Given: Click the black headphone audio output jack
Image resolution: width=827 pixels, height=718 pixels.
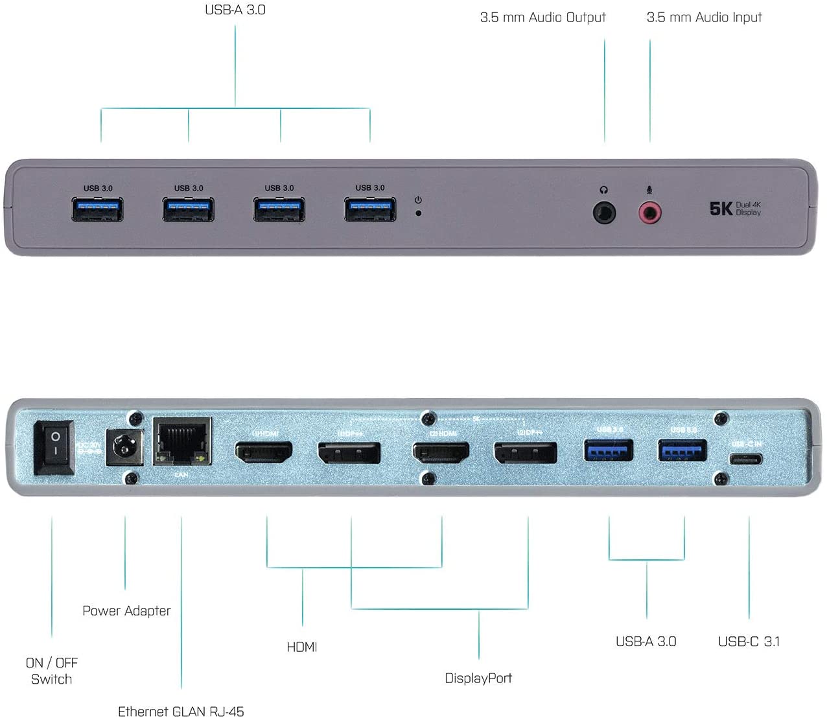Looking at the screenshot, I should [x=604, y=213].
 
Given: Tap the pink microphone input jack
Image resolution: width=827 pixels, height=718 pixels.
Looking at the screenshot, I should [x=649, y=213].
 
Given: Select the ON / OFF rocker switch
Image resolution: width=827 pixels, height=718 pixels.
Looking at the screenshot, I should [x=54, y=448].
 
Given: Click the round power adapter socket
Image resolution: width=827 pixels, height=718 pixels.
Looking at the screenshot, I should [x=123, y=446].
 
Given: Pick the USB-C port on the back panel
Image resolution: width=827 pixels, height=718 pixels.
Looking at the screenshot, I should [x=746, y=459].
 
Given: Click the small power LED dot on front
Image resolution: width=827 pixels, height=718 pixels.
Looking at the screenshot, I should [x=418, y=213].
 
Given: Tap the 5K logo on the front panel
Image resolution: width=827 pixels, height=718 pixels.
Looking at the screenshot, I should [x=721, y=209].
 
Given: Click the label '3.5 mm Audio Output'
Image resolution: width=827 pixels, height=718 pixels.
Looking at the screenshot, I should [x=542, y=17].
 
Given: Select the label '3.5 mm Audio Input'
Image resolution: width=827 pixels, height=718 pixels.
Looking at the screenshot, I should [x=704, y=17].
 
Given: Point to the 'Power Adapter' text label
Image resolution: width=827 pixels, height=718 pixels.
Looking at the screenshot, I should [x=126, y=610].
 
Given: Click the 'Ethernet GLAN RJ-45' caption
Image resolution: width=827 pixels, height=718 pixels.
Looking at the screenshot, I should [x=181, y=711].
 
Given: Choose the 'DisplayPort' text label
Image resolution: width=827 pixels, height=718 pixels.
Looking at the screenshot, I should [x=478, y=678].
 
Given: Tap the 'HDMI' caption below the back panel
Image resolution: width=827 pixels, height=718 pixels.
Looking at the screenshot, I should [x=302, y=647].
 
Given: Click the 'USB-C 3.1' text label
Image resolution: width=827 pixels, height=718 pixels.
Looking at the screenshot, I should [x=749, y=642].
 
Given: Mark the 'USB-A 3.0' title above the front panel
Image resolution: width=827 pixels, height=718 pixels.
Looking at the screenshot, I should [x=235, y=10].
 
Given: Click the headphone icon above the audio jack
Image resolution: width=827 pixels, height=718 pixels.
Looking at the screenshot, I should [x=604, y=190].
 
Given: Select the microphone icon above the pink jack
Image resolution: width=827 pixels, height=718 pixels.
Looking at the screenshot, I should [x=649, y=190].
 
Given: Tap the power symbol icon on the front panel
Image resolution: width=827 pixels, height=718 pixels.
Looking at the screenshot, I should [x=418, y=200].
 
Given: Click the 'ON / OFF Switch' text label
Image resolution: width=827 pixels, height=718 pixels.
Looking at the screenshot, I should [x=52, y=671].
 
